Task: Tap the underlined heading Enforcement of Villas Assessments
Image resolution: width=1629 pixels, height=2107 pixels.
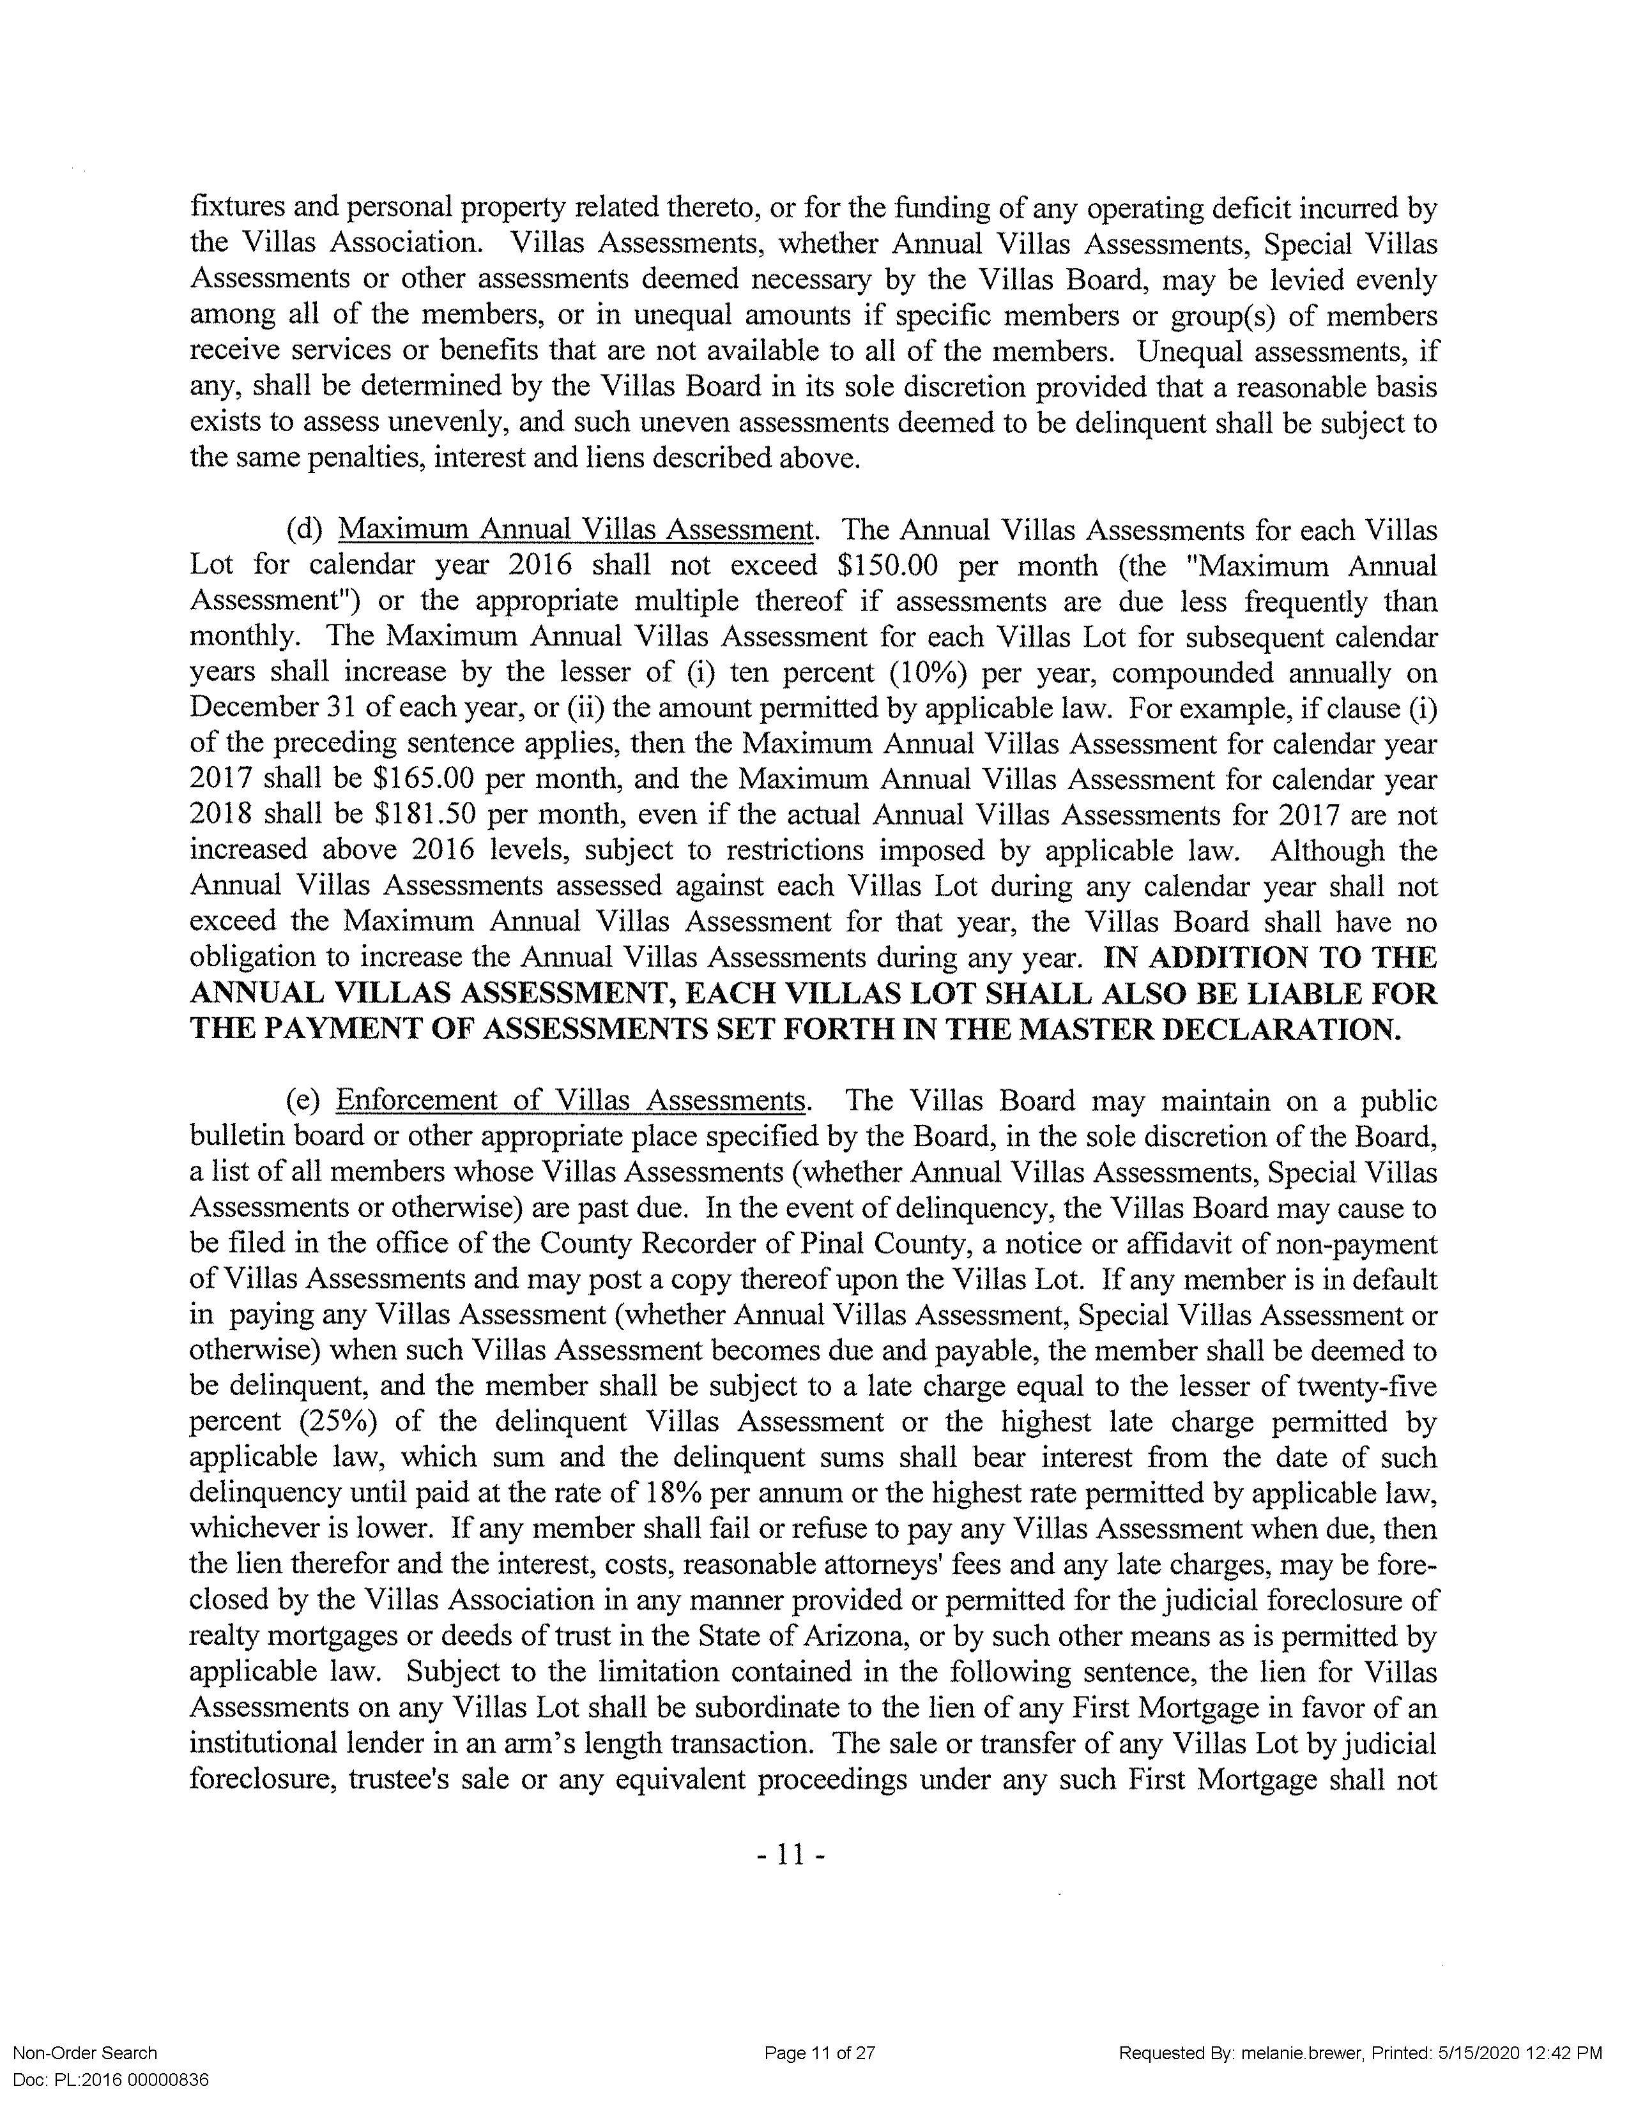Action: [x=570, y=1101]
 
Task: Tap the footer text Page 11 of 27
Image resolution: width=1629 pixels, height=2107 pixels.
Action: [x=820, y=2053]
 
